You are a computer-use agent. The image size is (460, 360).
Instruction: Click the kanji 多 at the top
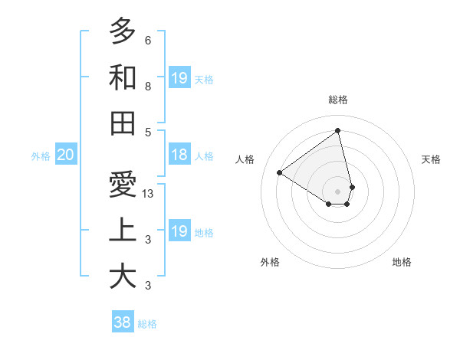123,31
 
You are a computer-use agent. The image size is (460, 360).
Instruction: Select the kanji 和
123,77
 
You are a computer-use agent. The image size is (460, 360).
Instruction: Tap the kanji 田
123,123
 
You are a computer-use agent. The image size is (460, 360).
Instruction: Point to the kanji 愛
123,185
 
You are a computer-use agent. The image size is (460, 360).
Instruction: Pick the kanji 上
123,231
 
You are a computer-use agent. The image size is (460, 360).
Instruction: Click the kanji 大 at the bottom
123,277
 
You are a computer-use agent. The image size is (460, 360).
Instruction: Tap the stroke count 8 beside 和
147,87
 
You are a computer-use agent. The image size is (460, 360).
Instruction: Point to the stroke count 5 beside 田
147,132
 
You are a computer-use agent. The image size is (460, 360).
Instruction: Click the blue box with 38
123,322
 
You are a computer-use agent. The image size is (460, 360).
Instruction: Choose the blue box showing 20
65,155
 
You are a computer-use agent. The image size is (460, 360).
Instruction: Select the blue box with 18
179,155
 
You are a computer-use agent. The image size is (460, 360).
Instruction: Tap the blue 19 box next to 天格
179,78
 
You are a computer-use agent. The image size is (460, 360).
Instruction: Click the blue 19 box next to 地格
179,231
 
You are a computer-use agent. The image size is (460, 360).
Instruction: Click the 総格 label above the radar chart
338,100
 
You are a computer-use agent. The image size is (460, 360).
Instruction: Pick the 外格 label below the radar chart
270,263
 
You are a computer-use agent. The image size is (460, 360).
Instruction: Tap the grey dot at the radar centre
338,191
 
